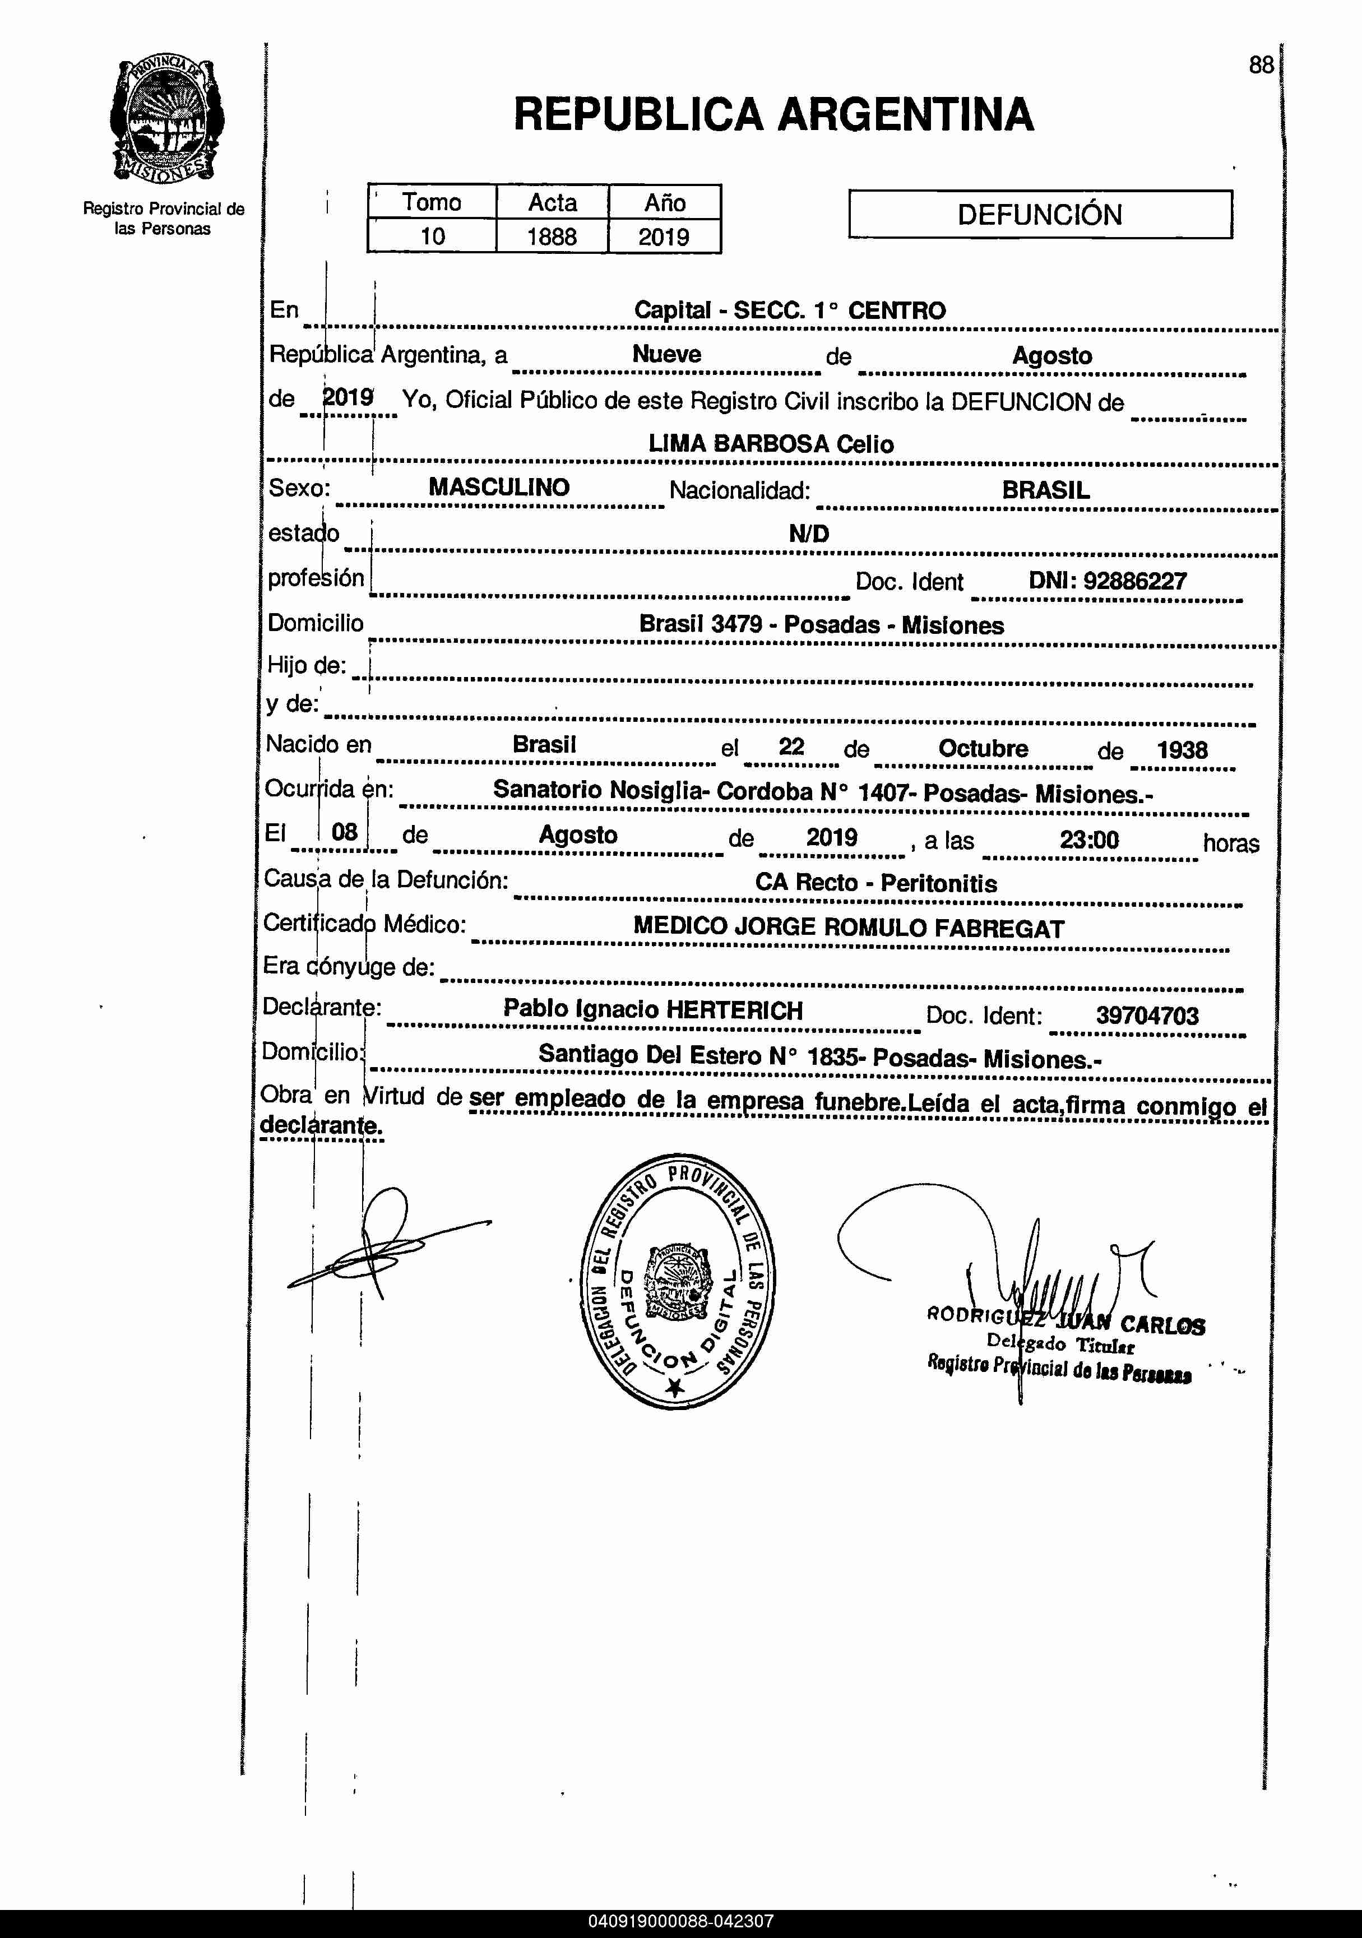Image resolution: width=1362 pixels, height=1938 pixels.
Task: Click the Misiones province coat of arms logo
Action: (166, 120)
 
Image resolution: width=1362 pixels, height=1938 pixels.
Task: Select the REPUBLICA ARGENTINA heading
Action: (773, 115)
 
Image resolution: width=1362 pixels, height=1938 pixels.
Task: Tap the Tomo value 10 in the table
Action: (432, 237)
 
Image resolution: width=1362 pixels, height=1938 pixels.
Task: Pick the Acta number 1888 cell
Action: (552, 237)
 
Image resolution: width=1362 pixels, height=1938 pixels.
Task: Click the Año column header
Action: (665, 202)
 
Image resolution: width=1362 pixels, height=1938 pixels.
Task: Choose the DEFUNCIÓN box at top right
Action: (1040, 215)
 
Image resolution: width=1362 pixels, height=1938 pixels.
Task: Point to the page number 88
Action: (1261, 65)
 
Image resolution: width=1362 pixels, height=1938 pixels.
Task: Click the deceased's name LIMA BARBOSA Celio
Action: (770, 444)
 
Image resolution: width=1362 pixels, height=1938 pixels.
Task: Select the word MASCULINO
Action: (499, 487)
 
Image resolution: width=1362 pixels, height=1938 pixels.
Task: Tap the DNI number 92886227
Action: (1135, 581)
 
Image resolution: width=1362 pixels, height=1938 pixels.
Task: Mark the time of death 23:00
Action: (1089, 840)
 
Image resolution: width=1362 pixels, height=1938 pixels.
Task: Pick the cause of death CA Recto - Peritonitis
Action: (875, 883)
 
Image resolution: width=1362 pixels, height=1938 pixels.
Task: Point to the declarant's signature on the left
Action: (380, 1242)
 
